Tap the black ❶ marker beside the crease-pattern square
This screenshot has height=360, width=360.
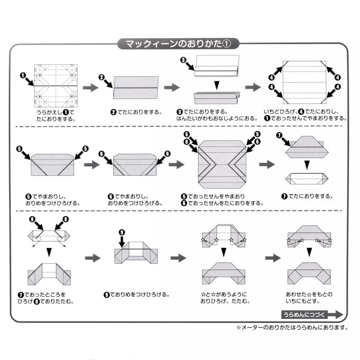23,75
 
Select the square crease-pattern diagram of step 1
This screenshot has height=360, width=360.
56,84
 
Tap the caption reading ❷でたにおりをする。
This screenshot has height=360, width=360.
136,112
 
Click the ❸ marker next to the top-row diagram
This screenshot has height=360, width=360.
183,60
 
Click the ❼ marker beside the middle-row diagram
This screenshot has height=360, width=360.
280,135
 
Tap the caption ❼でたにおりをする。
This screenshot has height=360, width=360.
307,196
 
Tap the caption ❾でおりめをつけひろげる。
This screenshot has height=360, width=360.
136,295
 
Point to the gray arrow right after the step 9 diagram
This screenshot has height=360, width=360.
178,258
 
